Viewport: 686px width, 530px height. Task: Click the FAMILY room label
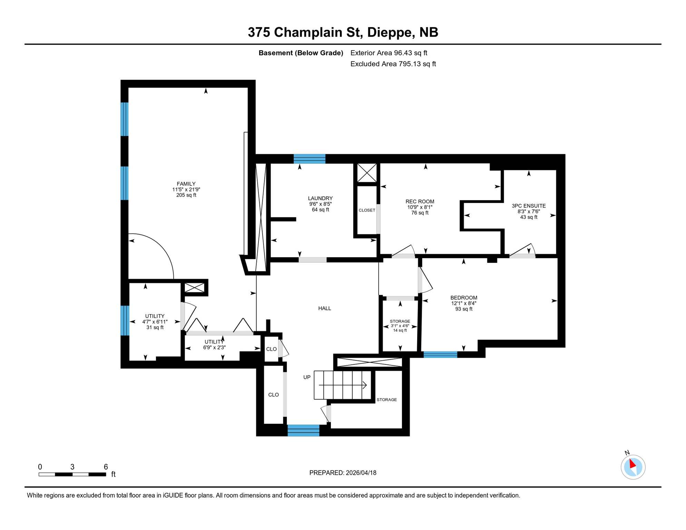click(x=186, y=184)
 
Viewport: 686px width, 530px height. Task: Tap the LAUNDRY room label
click(x=320, y=198)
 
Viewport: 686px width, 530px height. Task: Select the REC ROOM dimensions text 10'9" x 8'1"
click(x=420, y=207)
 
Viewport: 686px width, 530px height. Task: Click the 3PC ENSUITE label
click(x=528, y=206)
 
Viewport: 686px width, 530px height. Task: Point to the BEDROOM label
click(x=463, y=298)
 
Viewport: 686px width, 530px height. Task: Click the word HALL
click(x=324, y=308)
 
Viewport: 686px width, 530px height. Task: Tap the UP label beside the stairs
click(x=307, y=377)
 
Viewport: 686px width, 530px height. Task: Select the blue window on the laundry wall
click(x=309, y=159)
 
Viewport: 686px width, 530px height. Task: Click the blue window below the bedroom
click(x=440, y=355)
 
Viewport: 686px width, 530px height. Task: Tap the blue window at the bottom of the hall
click(x=303, y=431)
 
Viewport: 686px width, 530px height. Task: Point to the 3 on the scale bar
click(x=72, y=467)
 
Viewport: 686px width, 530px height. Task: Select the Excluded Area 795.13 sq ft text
click(x=393, y=64)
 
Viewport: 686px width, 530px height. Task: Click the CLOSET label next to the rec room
click(x=366, y=210)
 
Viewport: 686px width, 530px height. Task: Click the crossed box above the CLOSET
click(x=366, y=173)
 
